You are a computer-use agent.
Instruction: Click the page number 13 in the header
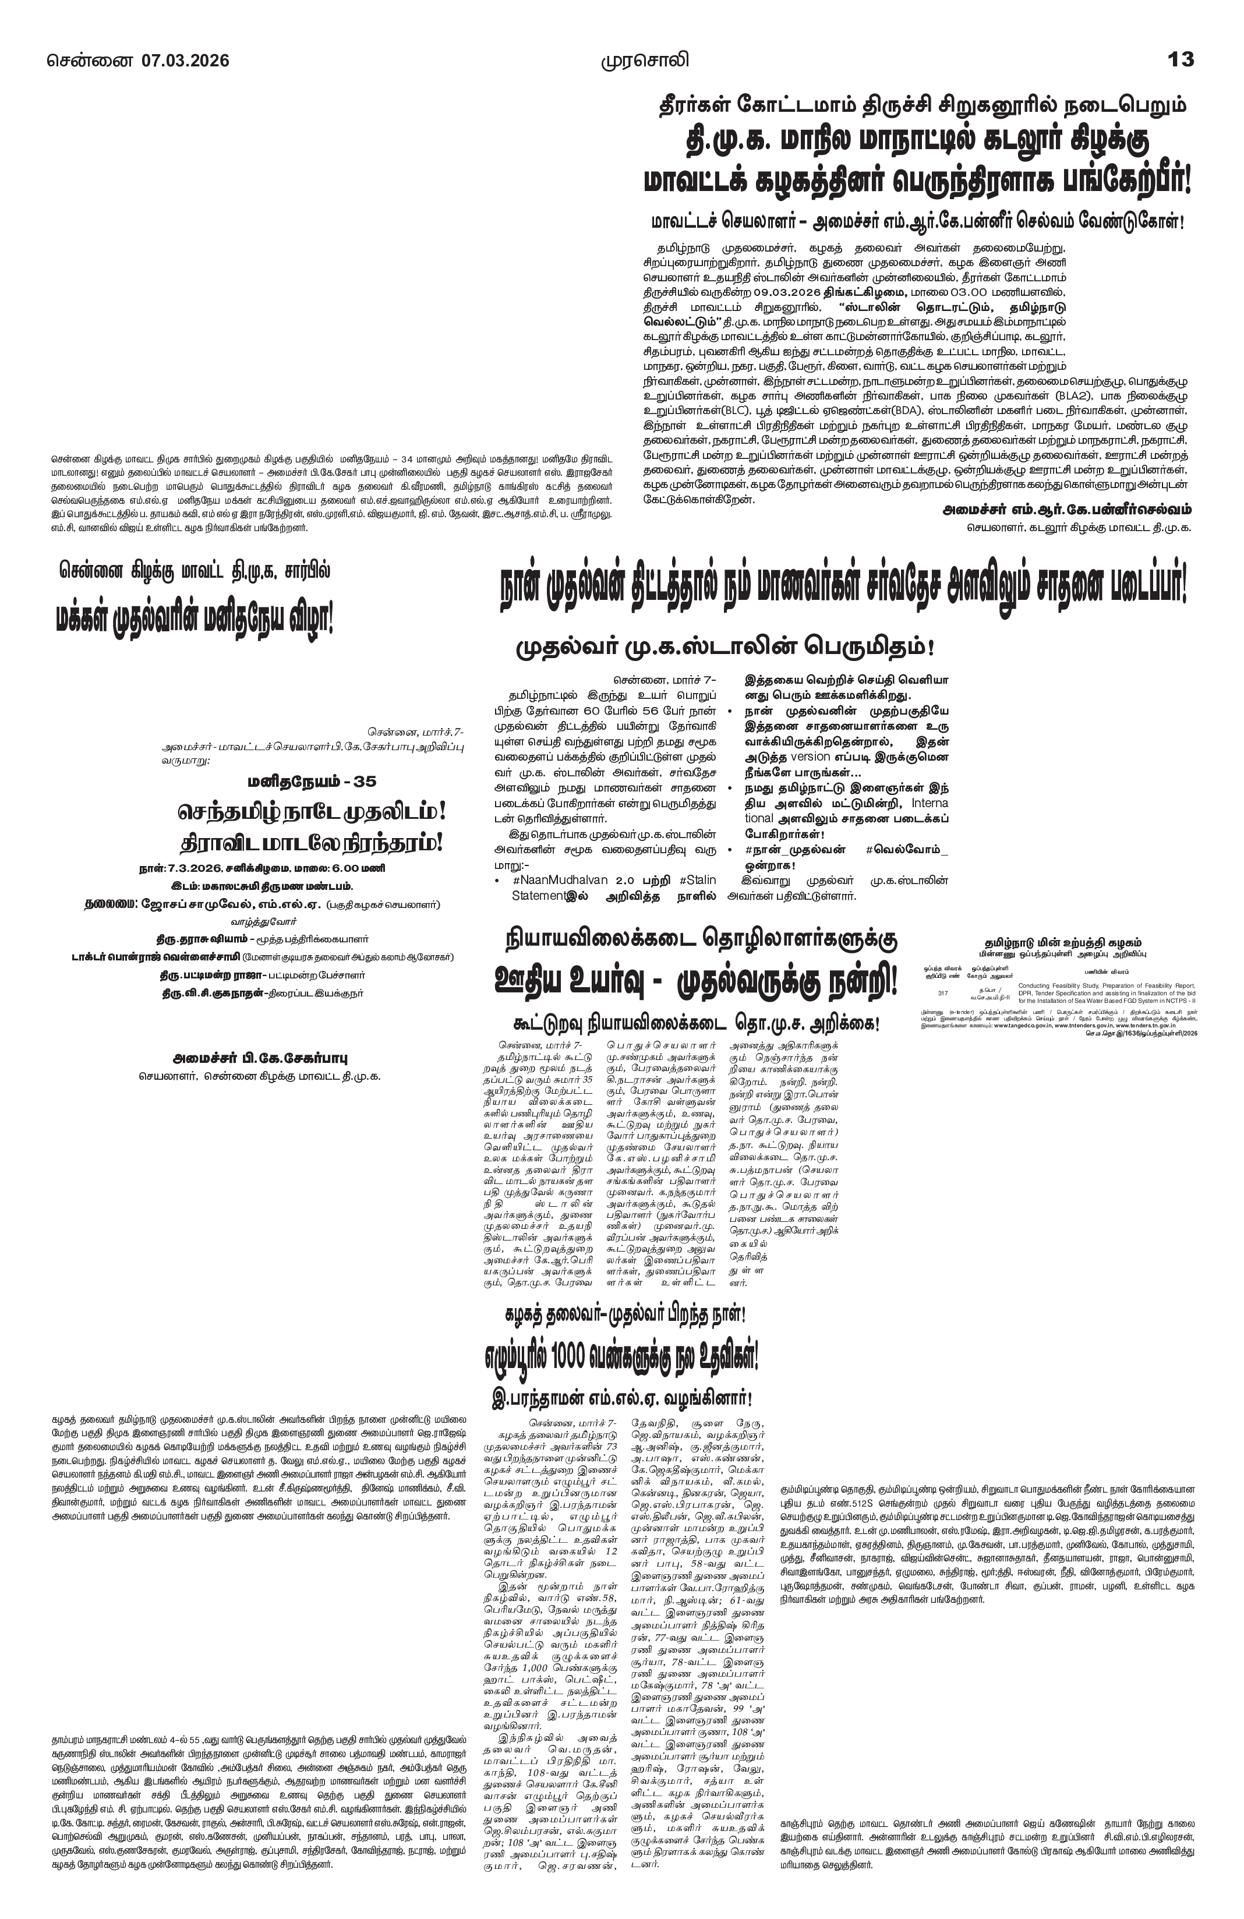tap(1181, 59)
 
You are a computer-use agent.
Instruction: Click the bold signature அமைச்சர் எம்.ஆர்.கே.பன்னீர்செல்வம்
tap(1066, 510)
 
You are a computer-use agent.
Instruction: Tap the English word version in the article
tap(812, 757)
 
